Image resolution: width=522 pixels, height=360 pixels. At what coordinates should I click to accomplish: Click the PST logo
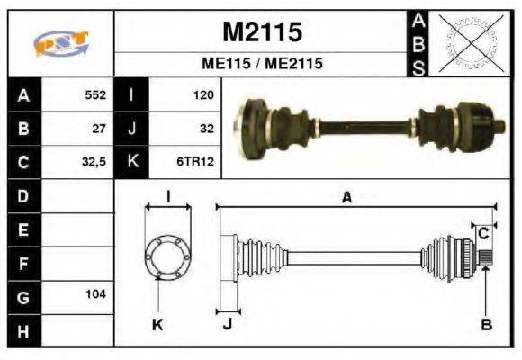(60, 43)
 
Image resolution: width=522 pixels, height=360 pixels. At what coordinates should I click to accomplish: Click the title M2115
(262, 33)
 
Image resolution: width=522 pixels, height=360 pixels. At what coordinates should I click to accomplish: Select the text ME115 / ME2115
(262, 65)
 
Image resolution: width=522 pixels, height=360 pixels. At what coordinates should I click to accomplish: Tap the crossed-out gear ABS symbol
(467, 42)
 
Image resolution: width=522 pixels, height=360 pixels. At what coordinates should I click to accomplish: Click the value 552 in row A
(95, 94)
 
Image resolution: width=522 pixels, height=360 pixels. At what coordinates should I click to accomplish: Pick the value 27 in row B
(99, 128)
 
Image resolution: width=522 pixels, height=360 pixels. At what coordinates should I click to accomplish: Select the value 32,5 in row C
(94, 163)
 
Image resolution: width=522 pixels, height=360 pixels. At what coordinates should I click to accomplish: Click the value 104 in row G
(95, 294)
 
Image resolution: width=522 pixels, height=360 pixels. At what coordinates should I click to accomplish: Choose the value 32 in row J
(205, 128)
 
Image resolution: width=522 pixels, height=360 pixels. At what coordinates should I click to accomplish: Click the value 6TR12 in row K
(197, 163)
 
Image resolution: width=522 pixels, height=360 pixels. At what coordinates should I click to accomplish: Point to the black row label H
(22, 330)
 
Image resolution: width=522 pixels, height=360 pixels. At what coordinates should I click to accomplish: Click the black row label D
(22, 195)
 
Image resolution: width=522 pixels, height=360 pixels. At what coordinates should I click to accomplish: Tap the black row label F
(22, 263)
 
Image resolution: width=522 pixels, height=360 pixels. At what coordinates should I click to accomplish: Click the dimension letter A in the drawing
(346, 198)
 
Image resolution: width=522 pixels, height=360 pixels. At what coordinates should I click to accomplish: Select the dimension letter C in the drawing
(483, 232)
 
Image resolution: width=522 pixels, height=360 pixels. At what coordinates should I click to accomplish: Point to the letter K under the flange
(158, 325)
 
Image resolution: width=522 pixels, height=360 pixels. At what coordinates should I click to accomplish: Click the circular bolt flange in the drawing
(167, 256)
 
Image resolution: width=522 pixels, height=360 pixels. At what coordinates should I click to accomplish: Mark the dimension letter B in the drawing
(486, 325)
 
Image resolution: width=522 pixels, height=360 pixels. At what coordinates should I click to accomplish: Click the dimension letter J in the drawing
(227, 325)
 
